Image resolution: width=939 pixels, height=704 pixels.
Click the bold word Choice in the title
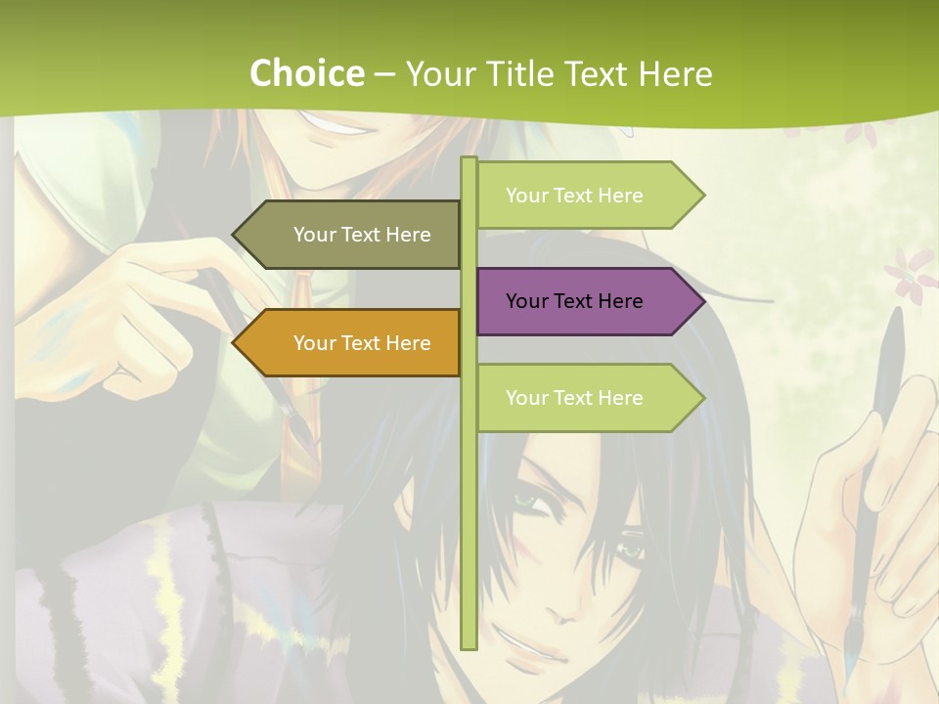[306, 73]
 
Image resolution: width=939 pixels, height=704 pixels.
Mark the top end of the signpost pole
[469, 160]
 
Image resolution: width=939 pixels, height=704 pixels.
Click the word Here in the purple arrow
[620, 301]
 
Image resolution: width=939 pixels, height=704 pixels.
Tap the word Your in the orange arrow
[314, 343]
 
